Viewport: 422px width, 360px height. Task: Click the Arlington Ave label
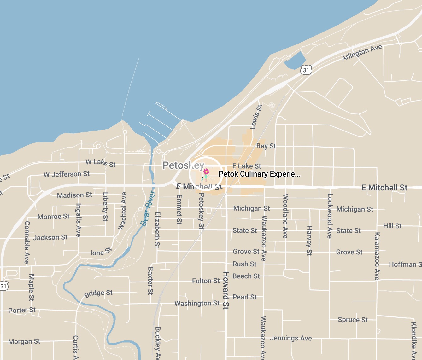[x=362, y=52]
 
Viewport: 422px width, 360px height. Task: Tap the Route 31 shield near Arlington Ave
[x=306, y=70]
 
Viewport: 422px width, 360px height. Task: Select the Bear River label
[x=148, y=209]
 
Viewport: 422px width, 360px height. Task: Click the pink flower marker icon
[x=206, y=171]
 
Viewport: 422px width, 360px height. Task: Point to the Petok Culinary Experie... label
[x=259, y=174]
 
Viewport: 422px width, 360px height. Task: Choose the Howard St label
[x=226, y=290]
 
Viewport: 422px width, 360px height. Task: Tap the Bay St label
[x=266, y=146]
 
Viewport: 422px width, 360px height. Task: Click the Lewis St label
[x=256, y=117]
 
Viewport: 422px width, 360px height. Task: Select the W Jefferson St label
[x=67, y=174]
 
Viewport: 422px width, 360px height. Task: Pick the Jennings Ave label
[x=291, y=338]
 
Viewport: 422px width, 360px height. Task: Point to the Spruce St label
[x=353, y=320]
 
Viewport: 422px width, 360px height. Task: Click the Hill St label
[x=392, y=226]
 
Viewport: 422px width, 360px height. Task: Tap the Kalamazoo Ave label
[x=377, y=256]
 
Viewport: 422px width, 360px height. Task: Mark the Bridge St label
[x=98, y=293]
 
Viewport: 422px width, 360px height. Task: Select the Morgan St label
[x=24, y=341]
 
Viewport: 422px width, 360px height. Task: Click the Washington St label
[x=197, y=303]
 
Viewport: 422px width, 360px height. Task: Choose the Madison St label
[x=74, y=195]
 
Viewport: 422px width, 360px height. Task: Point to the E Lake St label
[x=247, y=166]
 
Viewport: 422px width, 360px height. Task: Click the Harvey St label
[x=309, y=241]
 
